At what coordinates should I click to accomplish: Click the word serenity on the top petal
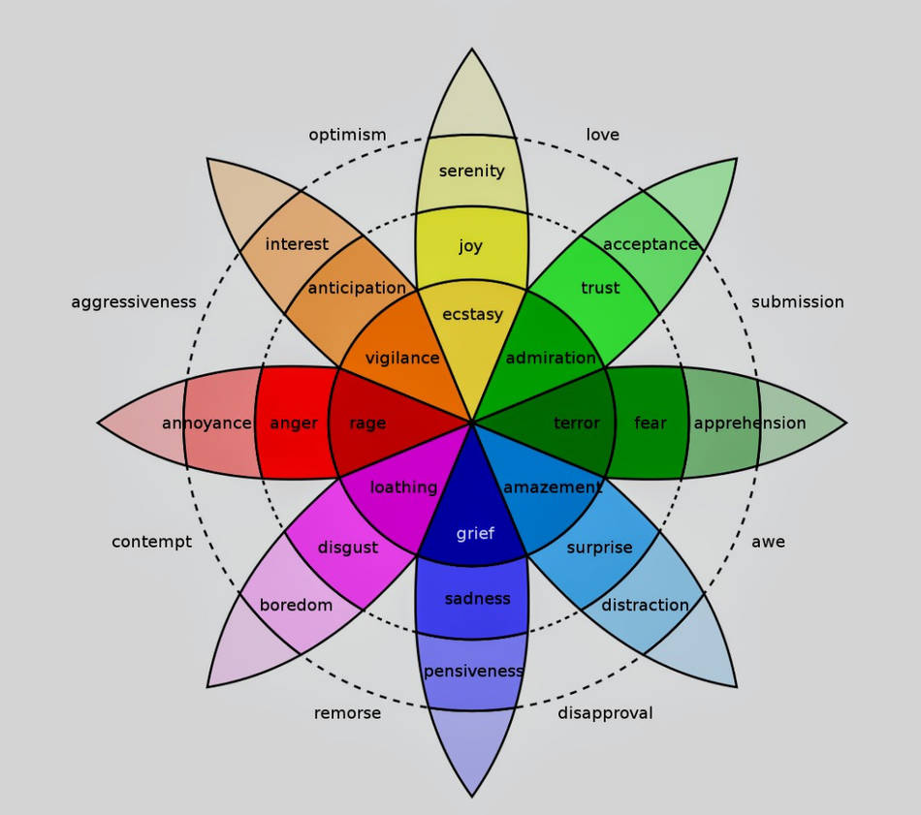(x=471, y=172)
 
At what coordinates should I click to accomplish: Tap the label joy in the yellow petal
(x=471, y=246)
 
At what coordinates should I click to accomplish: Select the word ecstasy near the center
(x=472, y=314)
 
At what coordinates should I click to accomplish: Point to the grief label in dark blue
(x=475, y=533)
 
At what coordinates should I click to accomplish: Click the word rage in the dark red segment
(x=367, y=423)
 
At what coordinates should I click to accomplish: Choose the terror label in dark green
(x=577, y=423)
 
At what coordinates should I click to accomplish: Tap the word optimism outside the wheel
(x=347, y=135)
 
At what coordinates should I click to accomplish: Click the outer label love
(x=602, y=135)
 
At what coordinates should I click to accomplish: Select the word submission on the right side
(x=797, y=302)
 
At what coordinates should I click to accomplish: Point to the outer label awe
(x=768, y=542)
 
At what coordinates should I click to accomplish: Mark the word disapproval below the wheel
(x=605, y=713)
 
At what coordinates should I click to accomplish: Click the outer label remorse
(x=347, y=713)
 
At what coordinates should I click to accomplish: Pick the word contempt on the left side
(x=151, y=542)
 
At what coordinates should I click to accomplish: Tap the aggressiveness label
(x=134, y=302)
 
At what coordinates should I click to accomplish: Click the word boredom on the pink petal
(x=296, y=606)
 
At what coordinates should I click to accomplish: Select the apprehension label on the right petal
(x=749, y=423)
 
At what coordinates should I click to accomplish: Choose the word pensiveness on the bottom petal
(x=473, y=672)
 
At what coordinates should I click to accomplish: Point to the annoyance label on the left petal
(x=206, y=423)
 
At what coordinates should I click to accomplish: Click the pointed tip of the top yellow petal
(x=472, y=50)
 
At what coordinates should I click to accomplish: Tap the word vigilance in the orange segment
(x=402, y=359)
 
